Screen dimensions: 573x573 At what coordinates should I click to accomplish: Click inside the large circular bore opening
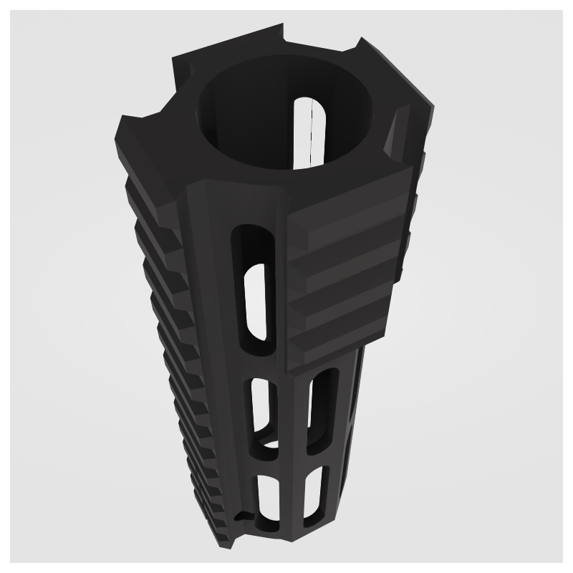tap(265, 115)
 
